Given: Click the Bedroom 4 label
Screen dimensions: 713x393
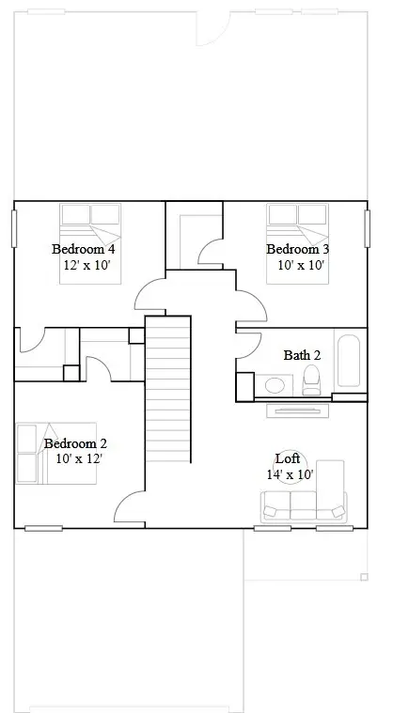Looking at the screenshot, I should click(83, 249).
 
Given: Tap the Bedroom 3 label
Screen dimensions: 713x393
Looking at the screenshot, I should click(297, 249).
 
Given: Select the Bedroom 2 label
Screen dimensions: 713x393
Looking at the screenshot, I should click(75, 443).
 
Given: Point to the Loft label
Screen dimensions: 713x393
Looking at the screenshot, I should click(288, 458).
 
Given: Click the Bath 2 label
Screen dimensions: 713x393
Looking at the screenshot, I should click(303, 355).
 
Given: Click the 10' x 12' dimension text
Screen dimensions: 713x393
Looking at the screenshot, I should click(79, 459).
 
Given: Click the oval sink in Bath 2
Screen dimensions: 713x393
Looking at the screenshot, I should click(275, 385).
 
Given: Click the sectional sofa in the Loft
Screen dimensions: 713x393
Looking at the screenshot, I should click(306, 503).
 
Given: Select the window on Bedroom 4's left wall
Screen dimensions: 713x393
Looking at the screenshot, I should click(15, 228).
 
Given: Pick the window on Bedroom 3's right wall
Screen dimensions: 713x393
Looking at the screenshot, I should click(367, 228).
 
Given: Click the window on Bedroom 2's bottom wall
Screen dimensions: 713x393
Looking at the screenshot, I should click(43, 528).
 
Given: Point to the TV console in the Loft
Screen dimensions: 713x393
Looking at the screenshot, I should click(298, 410).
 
